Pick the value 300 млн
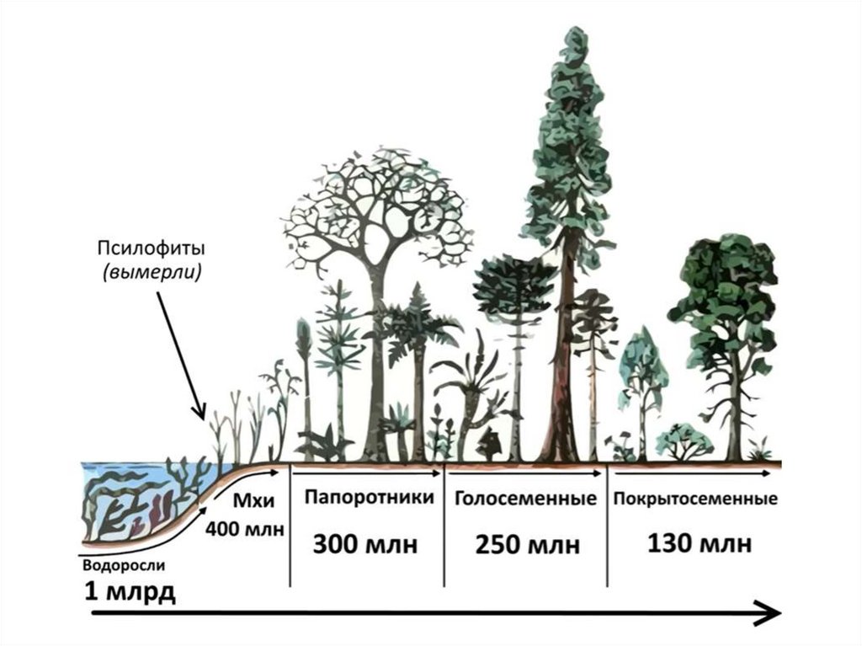365,545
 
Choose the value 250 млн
528,545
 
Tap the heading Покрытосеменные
695,499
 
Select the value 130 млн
700,543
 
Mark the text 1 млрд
130,591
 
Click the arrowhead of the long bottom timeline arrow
769,613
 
